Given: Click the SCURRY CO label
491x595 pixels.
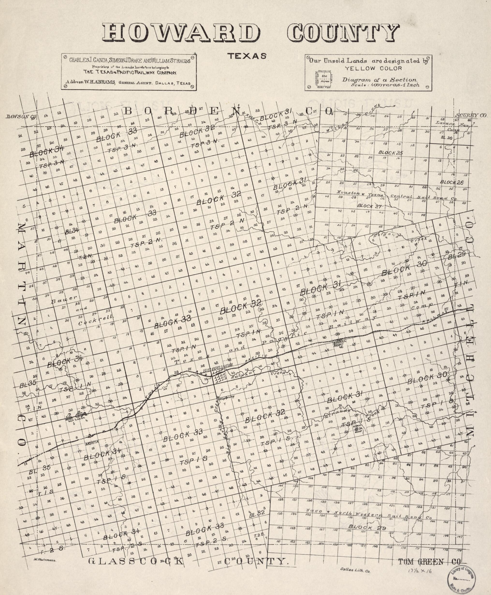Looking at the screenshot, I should (x=471, y=115).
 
